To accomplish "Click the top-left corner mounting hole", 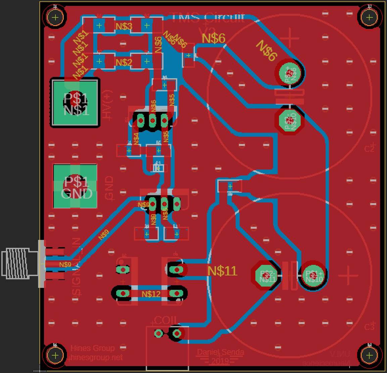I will pos(55,17).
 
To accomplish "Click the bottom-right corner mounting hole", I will pos(369,355).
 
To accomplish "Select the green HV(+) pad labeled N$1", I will pos(75,103).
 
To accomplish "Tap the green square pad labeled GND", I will pos(75,186).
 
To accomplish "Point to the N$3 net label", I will pos(124,26).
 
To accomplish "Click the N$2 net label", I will pos(124,63).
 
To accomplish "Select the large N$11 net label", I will pos(222,271).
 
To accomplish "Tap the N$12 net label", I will pos(151,294).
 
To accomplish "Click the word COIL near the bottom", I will pos(165,321).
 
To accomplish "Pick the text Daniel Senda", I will pos(220,352).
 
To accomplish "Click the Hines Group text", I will pos(92,348).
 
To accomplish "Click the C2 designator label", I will pos(369,148).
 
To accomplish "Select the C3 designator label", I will pos(369,326).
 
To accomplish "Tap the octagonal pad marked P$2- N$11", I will pos(266,276).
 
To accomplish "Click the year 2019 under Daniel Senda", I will pos(220,362).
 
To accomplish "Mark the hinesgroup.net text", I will pos(96,358).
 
